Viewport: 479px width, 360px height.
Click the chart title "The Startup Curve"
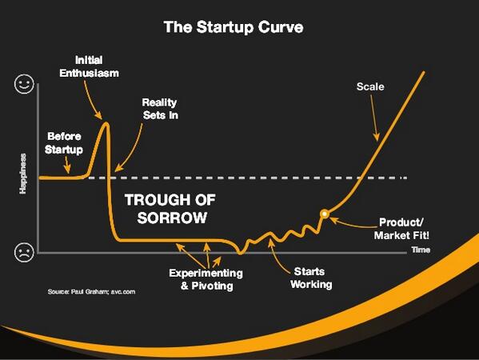tap(234, 27)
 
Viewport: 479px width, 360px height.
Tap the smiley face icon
tap(24, 84)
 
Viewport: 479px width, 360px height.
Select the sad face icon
tap(24, 252)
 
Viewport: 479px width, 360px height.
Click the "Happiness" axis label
tap(23, 174)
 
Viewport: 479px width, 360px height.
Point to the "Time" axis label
tap(421, 250)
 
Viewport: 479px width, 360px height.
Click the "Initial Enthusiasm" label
tap(89, 66)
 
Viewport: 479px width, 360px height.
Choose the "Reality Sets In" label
tap(160, 109)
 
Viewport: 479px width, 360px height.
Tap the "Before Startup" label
tap(64, 143)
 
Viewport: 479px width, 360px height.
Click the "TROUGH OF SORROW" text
tap(170, 209)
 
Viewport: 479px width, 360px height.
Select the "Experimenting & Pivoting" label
tap(206, 279)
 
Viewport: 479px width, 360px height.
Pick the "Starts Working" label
tap(311, 278)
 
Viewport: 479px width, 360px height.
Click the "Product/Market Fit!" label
tap(401, 229)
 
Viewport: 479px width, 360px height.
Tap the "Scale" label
tap(370, 86)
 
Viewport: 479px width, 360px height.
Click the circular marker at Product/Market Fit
tap(325, 214)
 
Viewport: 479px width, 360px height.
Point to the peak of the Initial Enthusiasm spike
tap(106, 123)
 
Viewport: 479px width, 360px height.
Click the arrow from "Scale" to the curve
tap(375, 118)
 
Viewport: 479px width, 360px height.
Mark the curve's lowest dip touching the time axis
tap(241, 253)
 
